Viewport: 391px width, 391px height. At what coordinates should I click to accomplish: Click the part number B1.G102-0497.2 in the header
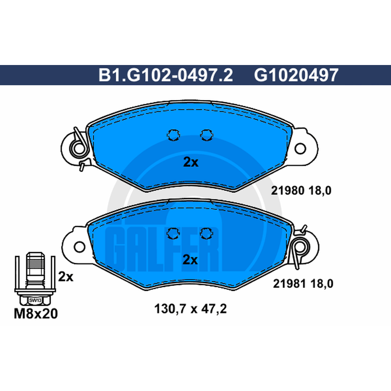coord(166,75)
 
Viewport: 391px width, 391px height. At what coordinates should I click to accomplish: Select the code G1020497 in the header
coord(296,75)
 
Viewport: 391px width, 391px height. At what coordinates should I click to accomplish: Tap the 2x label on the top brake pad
coord(191,162)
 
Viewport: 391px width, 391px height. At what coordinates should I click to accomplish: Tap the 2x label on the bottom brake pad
coord(190,260)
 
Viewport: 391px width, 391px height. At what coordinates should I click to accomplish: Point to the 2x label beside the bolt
coord(66,277)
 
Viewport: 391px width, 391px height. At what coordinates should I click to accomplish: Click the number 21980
coord(288,191)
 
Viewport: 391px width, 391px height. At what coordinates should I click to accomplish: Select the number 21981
coord(289,283)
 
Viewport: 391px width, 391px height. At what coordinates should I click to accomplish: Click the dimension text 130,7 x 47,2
coord(191,309)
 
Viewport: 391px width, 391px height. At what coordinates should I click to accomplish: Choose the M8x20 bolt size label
coord(36,313)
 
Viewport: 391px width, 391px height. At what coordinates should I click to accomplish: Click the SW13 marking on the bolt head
coord(35,300)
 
